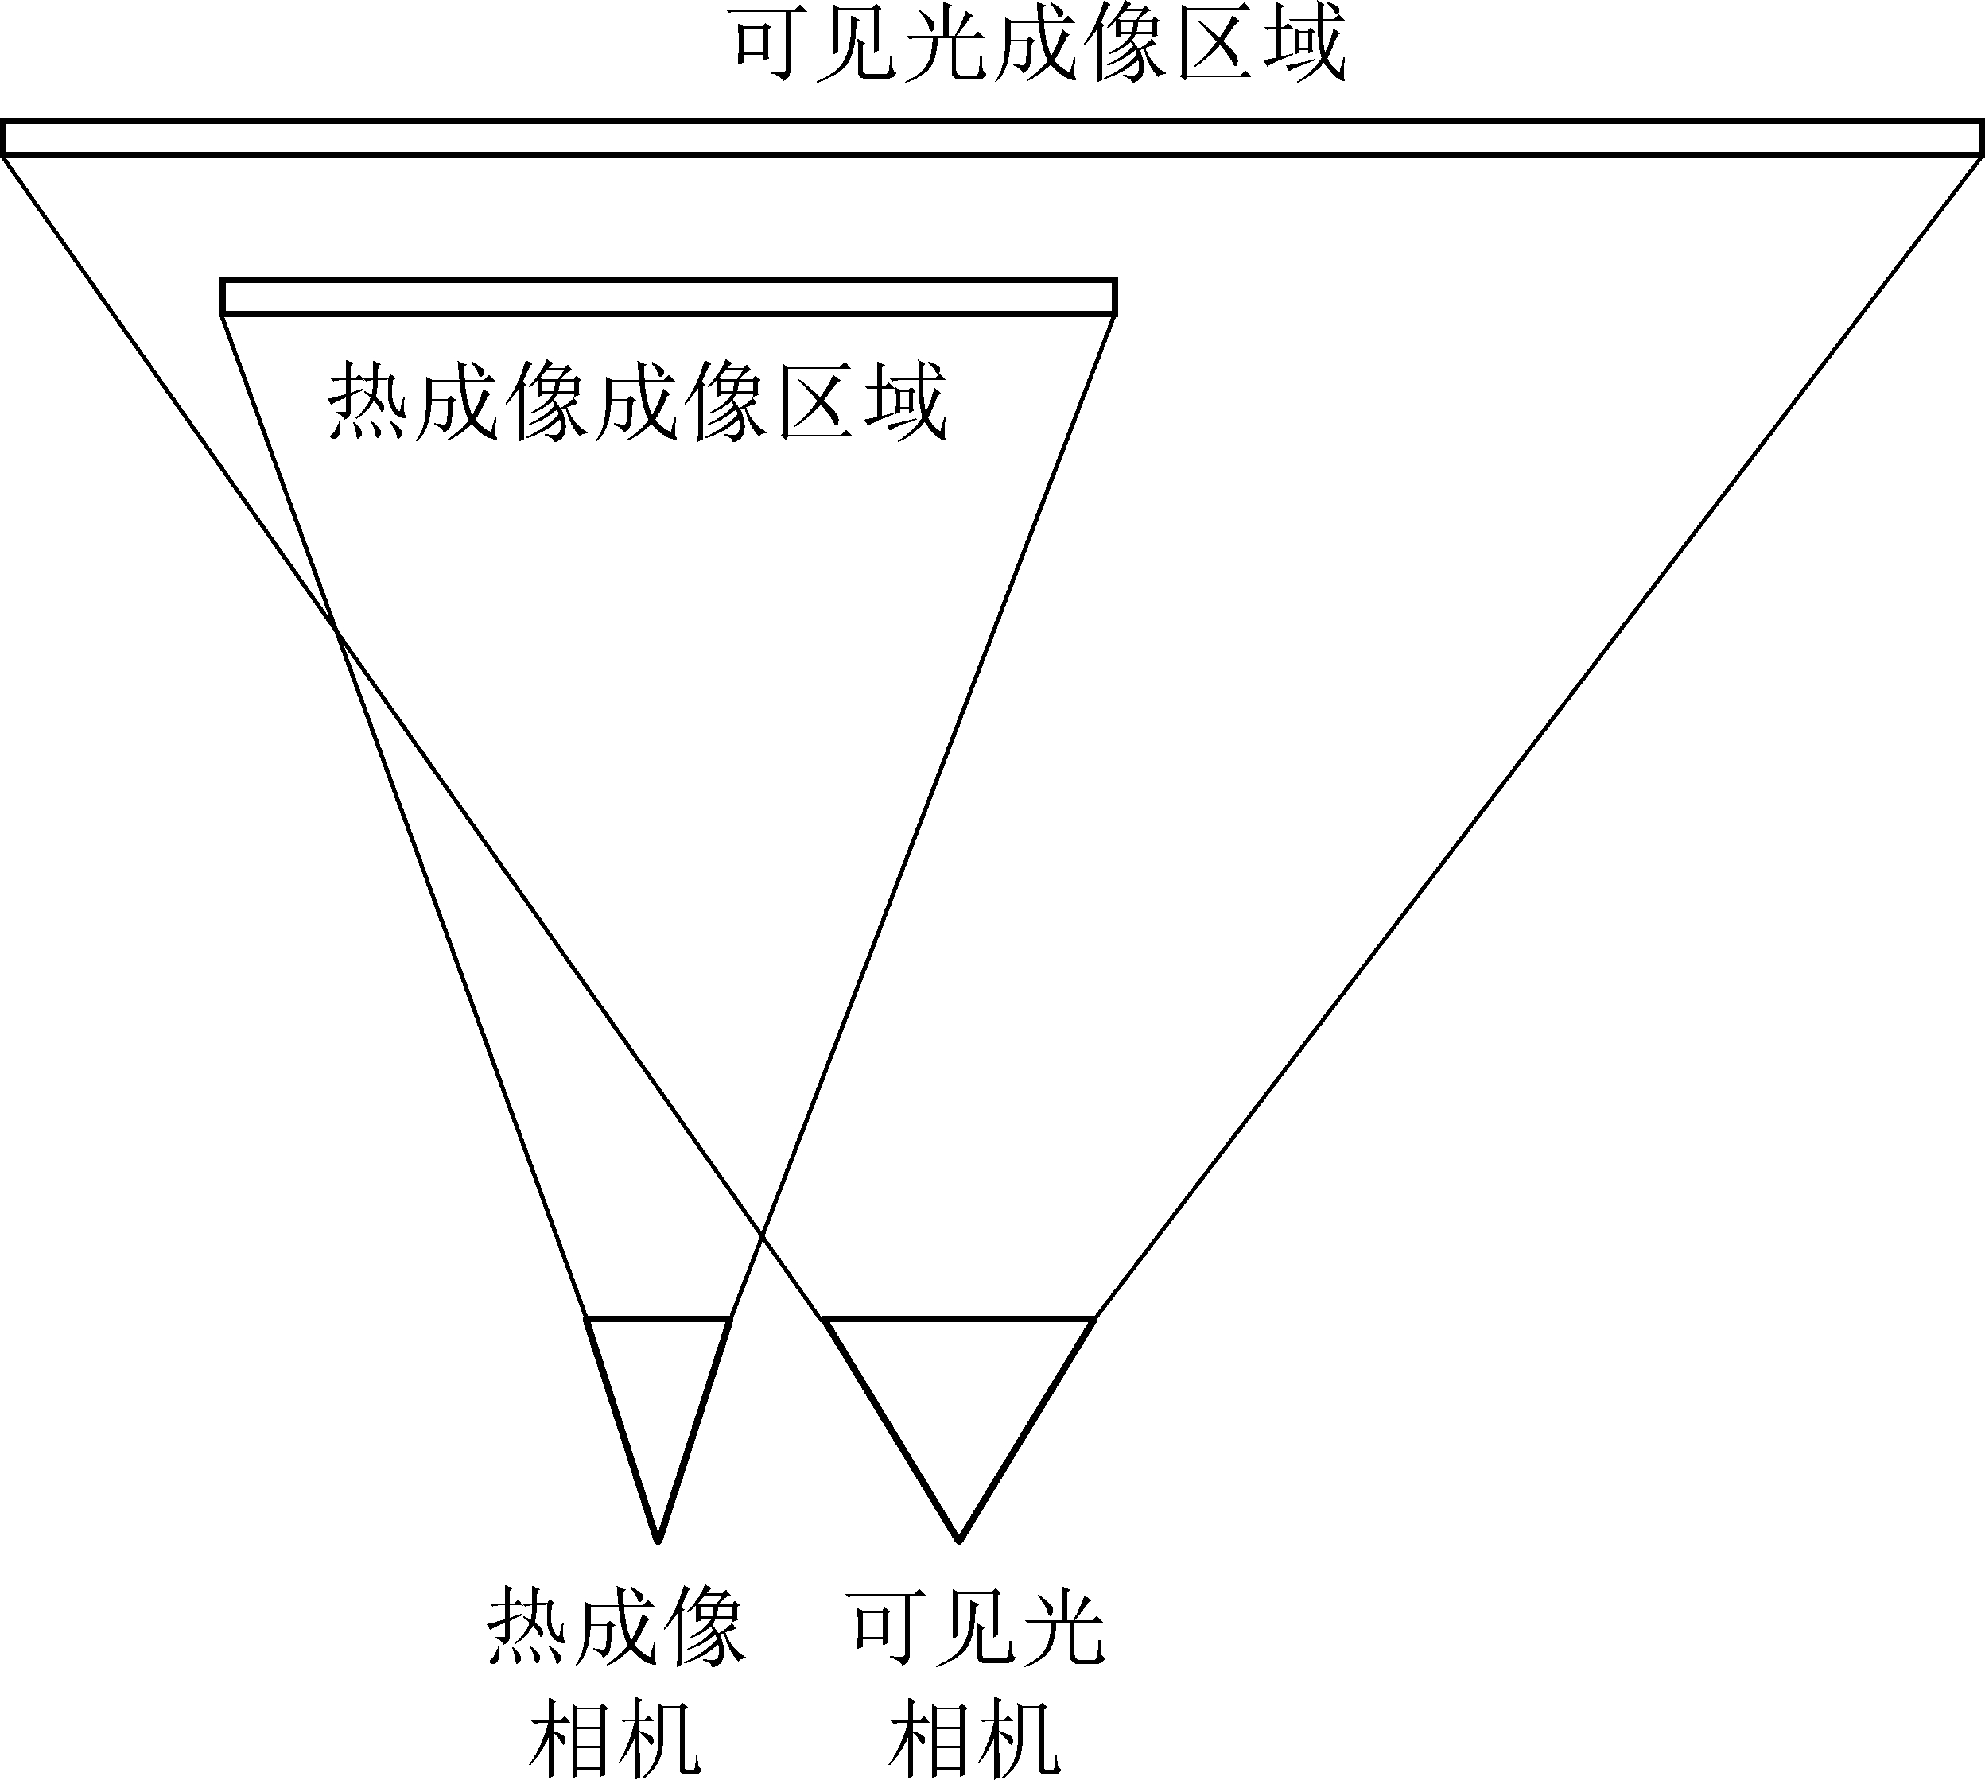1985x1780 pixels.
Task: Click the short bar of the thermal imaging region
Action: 668,297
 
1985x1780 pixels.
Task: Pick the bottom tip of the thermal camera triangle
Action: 658,1541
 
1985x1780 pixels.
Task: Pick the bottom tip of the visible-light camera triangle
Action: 959,1541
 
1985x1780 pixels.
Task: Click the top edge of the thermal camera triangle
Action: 658,1318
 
